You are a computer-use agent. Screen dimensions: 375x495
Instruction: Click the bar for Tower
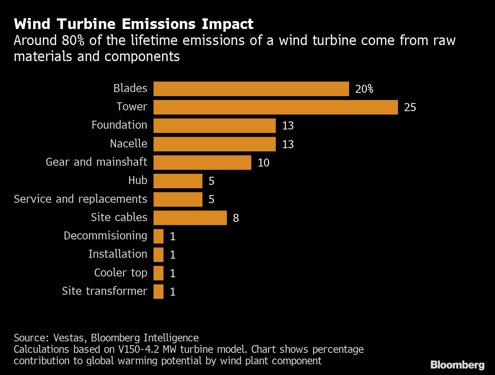(275, 107)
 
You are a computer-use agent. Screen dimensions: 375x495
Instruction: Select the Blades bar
(251, 89)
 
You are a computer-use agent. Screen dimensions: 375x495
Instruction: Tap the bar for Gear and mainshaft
(202, 163)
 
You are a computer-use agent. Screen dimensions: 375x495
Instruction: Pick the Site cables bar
(190, 218)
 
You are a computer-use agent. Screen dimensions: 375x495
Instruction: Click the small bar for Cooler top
(159, 273)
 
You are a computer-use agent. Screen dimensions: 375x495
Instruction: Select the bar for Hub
(178, 181)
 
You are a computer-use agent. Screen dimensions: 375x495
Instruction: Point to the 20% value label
(364, 89)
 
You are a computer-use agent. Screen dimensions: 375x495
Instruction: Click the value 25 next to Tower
(410, 107)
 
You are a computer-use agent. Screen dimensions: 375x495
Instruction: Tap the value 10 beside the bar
(264, 163)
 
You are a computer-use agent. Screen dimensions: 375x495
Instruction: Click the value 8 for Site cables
(236, 218)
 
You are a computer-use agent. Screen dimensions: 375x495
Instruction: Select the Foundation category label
(119, 125)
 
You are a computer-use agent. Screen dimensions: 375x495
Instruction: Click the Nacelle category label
(128, 144)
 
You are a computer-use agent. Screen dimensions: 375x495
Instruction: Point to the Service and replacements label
(80, 199)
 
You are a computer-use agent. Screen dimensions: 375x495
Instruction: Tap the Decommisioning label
(105, 236)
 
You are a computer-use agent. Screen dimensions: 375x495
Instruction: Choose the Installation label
(117, 254)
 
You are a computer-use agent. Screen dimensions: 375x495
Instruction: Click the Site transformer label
(104, 291)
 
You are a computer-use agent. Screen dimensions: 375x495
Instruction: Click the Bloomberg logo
(457, 365)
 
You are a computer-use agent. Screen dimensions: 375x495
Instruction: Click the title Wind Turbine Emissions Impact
(133, 24)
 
